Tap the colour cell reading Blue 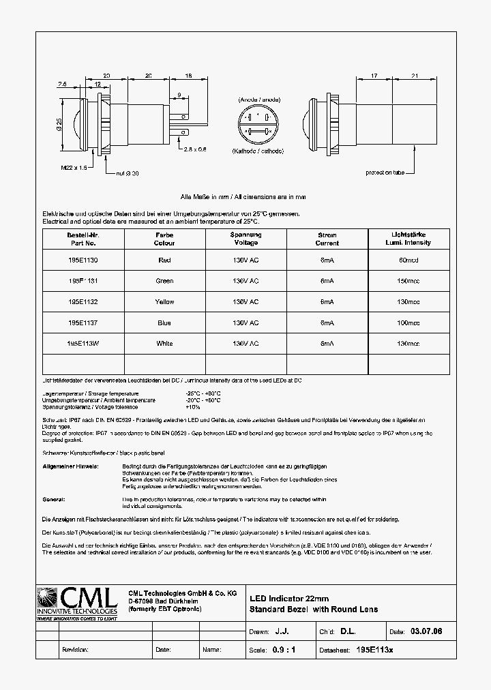164,323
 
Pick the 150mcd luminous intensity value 408,281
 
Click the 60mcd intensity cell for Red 408,260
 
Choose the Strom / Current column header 327,239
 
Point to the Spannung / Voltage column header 245,239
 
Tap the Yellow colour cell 164,302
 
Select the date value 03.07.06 426,632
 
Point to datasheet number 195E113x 375,650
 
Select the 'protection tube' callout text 385,172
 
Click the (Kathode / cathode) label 258,151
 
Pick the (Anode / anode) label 258,100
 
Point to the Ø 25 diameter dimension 59,125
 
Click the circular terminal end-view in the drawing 258,125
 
